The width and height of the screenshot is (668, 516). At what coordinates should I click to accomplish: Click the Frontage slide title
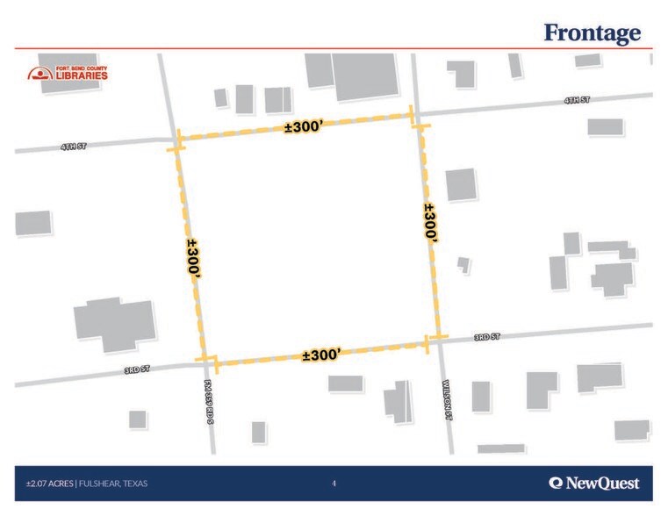point(592,33)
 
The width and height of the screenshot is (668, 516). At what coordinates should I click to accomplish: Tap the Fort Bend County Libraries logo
point(68,74)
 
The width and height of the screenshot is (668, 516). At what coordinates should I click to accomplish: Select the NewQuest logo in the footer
point(594,484)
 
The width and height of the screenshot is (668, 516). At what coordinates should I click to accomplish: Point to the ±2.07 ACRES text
point(49,484)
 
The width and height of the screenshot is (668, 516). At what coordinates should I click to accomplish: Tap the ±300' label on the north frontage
point(305,128)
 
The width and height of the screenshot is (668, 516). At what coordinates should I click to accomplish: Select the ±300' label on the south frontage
point(320,355)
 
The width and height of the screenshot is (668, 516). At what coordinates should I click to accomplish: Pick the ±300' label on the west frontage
point(194,259)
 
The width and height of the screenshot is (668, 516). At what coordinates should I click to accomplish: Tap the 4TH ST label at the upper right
point(577,101)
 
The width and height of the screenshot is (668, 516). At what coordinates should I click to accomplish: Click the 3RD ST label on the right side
point(486,337)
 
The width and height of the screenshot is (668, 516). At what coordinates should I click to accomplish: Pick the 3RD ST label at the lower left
point(137,370)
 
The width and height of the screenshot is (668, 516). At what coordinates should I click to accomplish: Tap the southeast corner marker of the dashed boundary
point(432,340)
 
